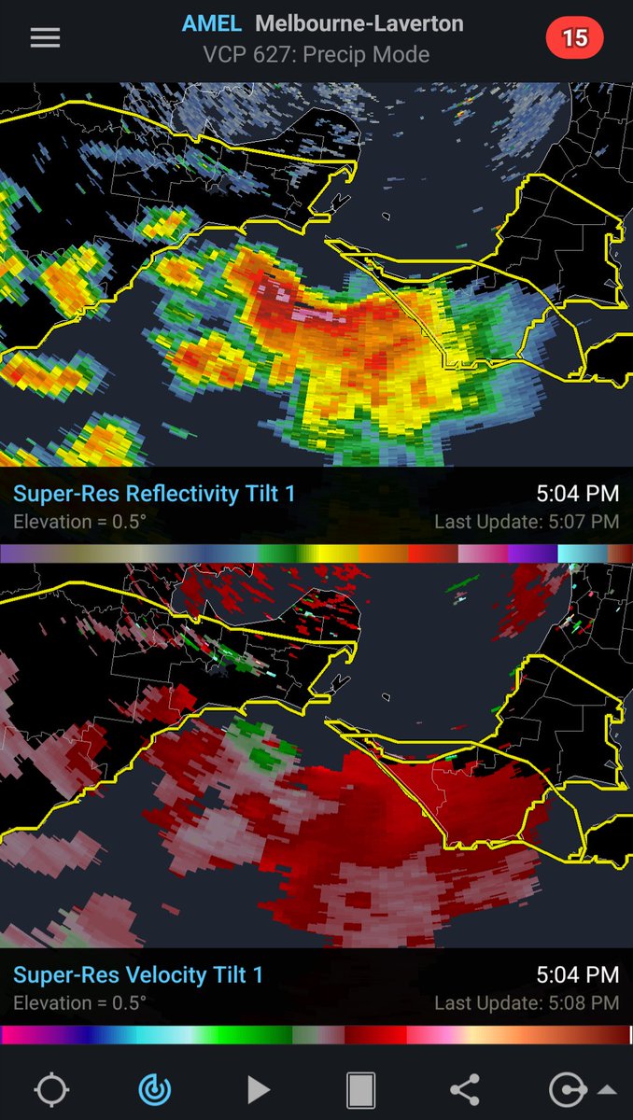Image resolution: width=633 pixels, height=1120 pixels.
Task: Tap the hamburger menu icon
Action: click(x=45, y=37)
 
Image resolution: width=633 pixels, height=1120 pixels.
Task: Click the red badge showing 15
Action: click(x=574, y=37)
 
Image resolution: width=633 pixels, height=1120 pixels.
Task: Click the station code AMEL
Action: click(x=211, y=23)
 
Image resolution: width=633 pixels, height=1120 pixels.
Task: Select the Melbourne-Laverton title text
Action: click(x=359, y=23)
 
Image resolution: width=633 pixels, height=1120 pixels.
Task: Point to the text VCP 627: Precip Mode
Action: click(x=316, y=54)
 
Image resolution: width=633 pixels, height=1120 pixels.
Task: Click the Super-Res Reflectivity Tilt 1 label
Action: click(x=154, y=493)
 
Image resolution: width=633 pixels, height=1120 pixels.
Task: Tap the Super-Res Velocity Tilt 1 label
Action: click(x=138, y=974)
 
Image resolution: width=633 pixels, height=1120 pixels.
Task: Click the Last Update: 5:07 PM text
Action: click(x=527, y=522)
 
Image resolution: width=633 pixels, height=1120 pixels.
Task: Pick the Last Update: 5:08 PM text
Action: click(x=527, y=1003)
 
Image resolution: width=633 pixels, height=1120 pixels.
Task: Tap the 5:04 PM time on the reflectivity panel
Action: click(x=577, y=493)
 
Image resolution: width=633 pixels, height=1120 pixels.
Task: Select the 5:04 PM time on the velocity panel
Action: click(x=577, y=974)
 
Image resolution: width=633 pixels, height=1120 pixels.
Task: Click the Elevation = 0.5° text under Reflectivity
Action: click(x=79, y=522)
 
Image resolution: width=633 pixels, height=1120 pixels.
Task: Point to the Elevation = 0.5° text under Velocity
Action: click(x=79, y=1003)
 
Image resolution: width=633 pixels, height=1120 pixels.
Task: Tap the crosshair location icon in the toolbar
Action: click(x=51, y=1089)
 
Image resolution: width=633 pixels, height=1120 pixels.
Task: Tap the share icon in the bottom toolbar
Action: click(x=464, y=1089)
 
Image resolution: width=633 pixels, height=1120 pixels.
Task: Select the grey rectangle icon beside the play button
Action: click(x=360, y=1089)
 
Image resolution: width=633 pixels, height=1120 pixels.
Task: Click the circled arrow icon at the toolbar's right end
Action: click(x=567, y=1089)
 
